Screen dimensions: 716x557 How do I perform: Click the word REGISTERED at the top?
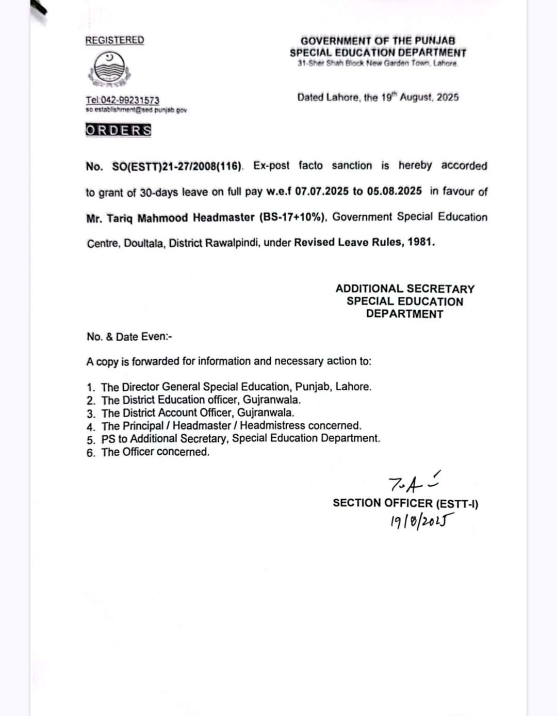pyautogui.click(x=114, y=40)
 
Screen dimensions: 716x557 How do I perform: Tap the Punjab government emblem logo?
pyautogui.click(x=109, y=70)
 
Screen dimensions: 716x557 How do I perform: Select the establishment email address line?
pyautogui.click(x=136, y=110)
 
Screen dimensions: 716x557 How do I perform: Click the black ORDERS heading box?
pyautogui.click(x=118, y=130)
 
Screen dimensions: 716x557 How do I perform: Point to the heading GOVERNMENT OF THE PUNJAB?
pyautogui.click(x=378, y=40)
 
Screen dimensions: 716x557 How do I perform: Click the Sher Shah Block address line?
pyautogui.click(x=378, y=63)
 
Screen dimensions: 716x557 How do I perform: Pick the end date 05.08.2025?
pyautogui.click(x=395, y=191)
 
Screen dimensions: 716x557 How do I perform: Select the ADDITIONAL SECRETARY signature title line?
pyautogui.click(x=405, y=289)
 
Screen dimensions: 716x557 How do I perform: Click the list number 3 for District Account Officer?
pyautogui.click(x=91, y=414)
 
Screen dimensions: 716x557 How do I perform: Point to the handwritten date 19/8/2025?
pyautogui.click(x=421, y=521)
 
